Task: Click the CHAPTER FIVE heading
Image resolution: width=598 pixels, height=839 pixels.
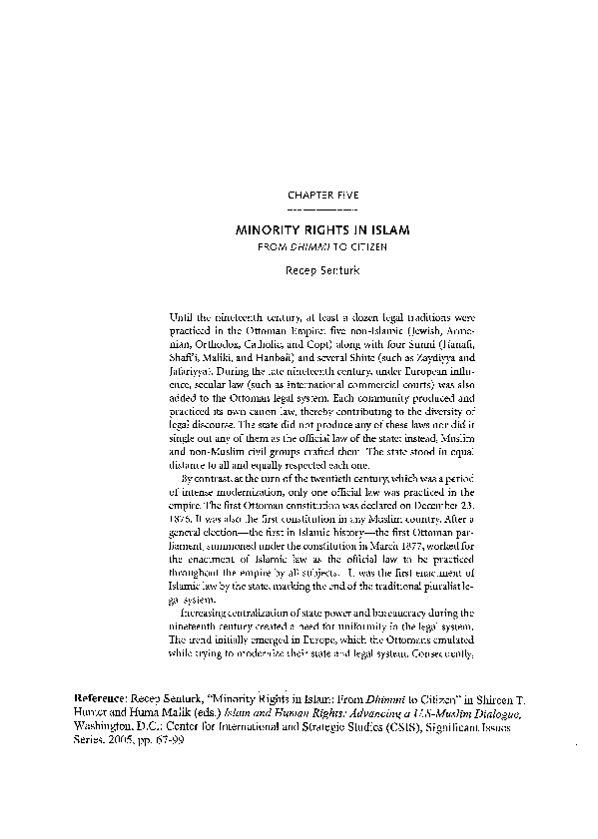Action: pos(321,196)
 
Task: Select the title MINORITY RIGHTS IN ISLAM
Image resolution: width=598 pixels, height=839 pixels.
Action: pos(321,228)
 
